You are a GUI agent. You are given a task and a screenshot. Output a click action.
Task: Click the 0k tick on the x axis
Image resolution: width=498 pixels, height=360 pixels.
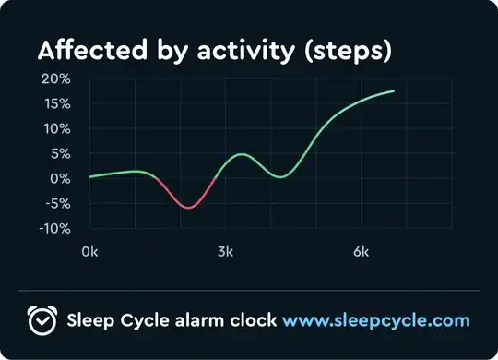[90, 251]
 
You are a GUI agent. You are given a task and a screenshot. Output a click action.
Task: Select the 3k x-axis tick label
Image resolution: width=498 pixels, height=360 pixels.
[226, 251]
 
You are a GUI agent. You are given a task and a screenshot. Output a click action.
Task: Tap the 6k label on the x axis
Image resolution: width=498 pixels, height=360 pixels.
[362, 251]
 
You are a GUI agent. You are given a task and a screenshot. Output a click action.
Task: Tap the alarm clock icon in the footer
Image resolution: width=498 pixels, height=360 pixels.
[42, 320]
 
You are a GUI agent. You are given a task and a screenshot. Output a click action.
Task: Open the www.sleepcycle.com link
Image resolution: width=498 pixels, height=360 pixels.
[375, 321]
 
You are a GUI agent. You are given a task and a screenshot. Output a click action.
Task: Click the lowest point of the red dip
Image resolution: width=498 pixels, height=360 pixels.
[189, 208]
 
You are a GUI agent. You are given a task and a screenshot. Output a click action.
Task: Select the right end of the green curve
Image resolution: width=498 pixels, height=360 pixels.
[394, 91]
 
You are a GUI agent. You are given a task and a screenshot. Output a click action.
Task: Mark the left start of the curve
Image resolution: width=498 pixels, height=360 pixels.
[89, 176]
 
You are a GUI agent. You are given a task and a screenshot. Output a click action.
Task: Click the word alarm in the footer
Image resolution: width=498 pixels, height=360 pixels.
[207, 320]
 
